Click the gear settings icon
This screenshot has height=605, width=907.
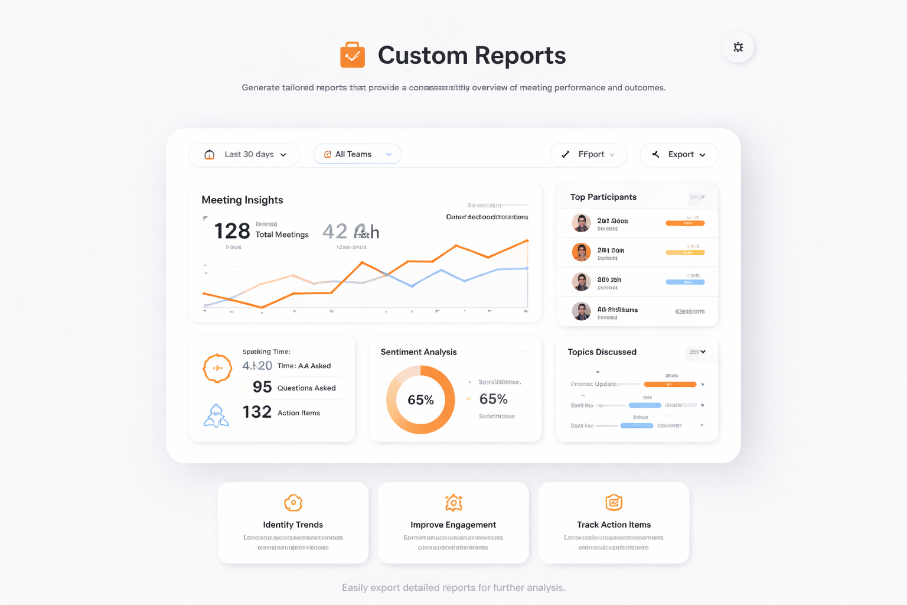tap(738, 47)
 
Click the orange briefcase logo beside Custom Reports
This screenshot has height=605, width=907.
tap(353, 55)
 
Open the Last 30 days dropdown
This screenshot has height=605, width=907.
tap(244, 155)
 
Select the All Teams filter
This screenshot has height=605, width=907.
tap(357, 154)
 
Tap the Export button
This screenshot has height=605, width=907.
tap(679, 155)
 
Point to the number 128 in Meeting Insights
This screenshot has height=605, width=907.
tap(232, 231)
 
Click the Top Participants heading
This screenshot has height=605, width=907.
tap(603, 197)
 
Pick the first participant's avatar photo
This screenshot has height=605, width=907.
tap(581, 223)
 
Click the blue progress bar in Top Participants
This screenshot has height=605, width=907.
tap(685, 282)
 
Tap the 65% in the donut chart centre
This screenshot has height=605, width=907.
tap(420, 400)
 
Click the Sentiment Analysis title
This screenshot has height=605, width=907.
tap(419, 352)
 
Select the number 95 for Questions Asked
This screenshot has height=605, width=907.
tap(262, 387)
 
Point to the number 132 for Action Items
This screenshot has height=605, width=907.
tap(257, 412)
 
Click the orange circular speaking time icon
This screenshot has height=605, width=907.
tap(217, 368)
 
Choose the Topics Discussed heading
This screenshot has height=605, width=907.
tap(602, 352)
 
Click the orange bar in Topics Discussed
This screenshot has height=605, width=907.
tap(670, 384)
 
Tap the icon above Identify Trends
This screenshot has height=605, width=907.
tap(293, 503)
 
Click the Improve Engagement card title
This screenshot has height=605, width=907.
tap(453, 525)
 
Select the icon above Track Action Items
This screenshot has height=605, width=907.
tap(614, 503)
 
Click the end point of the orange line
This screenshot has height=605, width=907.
tap(527, 240)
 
